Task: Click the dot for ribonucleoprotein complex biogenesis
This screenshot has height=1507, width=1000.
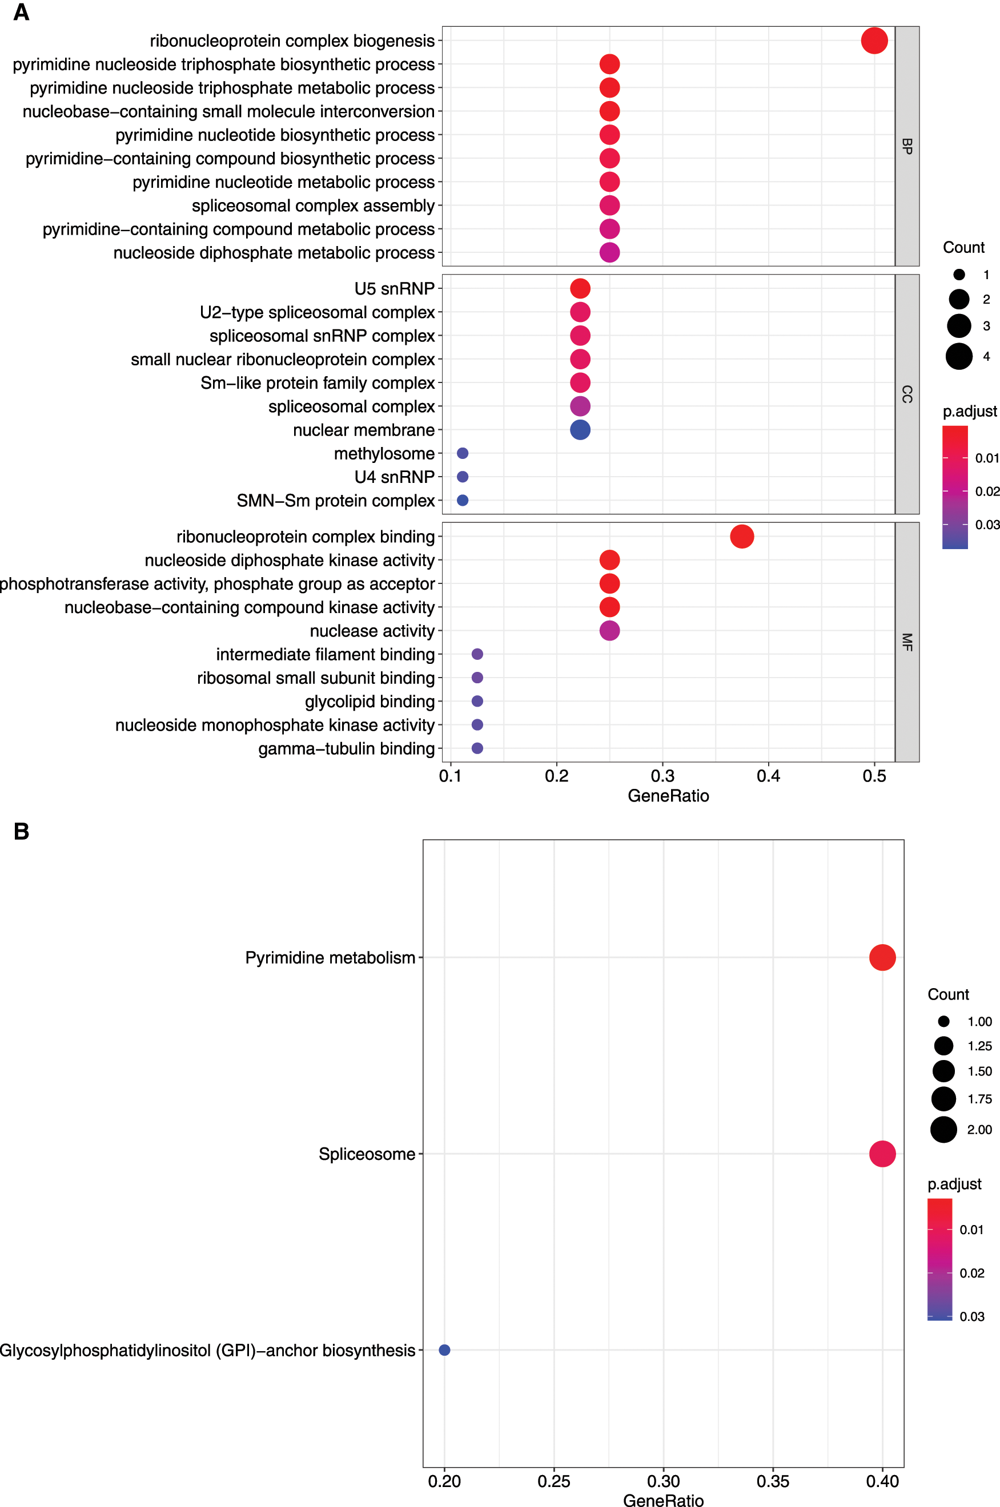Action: pos(874,41)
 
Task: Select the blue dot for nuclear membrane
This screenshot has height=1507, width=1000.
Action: pos(580,430)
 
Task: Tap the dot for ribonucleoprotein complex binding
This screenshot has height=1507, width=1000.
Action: pos(742,536)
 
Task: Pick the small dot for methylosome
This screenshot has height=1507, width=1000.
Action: pos(463,453)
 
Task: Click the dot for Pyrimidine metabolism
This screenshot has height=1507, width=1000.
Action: pos(882,957)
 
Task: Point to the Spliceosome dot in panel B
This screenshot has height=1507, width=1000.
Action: pos(882,1153)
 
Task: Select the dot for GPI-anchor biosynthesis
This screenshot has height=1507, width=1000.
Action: pos(444,1349)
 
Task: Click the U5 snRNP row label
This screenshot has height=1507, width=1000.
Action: pos(394,289)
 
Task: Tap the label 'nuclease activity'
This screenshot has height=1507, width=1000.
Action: pos(372,631)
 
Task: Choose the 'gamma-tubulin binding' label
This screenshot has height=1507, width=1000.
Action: pos(346,748)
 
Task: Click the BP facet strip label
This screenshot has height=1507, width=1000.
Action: pos(907,146)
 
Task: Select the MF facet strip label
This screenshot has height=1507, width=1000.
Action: pos(907,642)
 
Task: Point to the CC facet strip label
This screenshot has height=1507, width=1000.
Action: pos(907,394)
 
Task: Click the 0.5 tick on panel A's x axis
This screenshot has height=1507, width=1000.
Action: pos(874,776)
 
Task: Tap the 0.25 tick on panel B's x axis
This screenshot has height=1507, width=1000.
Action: pos(553,1481)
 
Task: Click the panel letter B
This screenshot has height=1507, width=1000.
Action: pos(22,831)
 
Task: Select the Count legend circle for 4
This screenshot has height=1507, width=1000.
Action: pos(958,356)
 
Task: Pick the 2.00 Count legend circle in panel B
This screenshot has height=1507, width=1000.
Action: pos(943,1129)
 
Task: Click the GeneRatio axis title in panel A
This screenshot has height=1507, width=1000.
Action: pos(668,796)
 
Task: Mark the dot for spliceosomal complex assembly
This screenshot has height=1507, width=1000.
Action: pos(609,205)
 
